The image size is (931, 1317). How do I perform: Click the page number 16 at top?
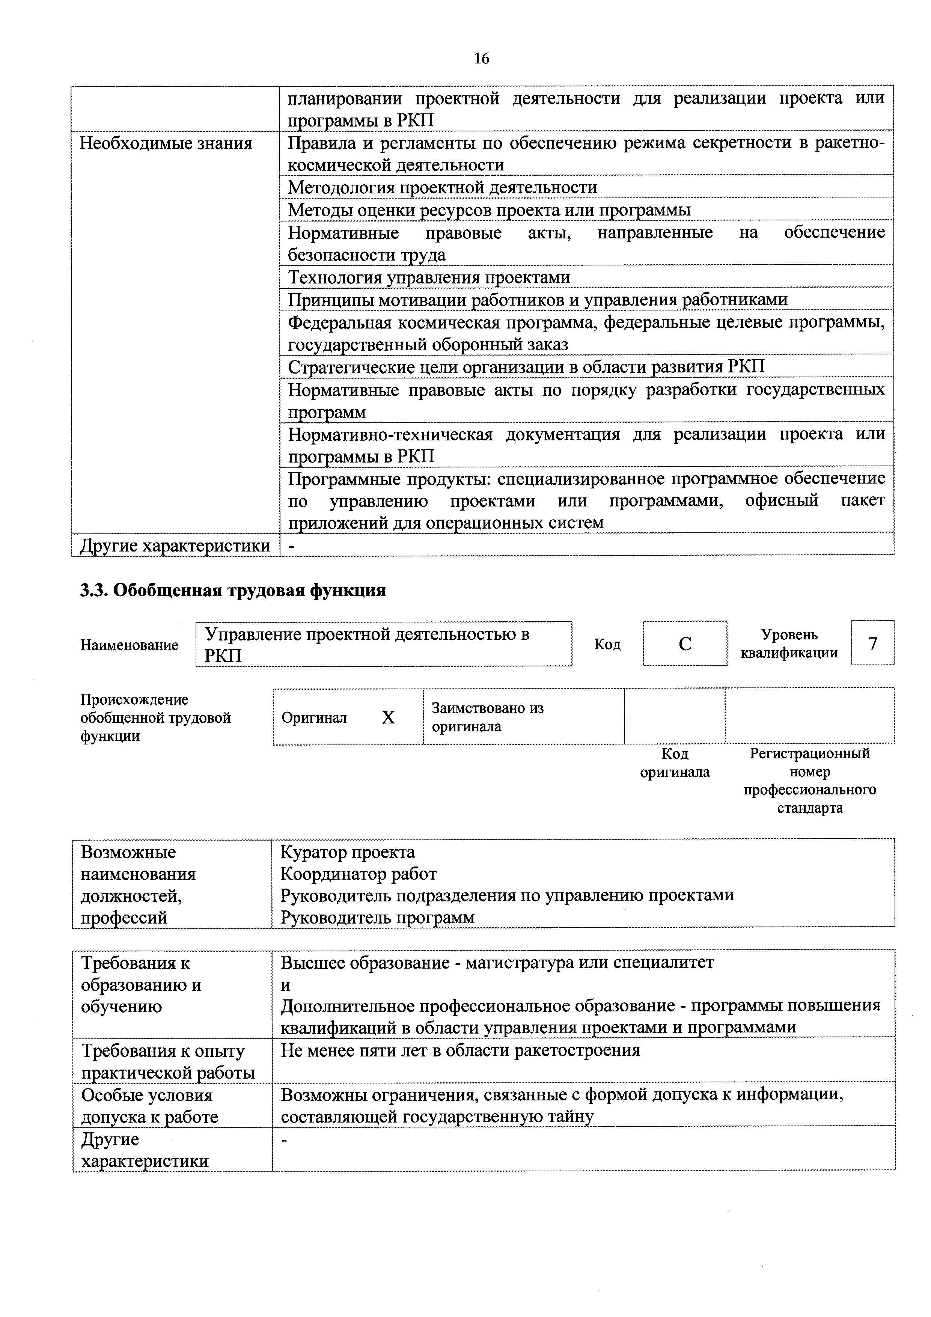click(481, 59)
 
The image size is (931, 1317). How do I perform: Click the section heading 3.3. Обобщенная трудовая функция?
click(232, 590)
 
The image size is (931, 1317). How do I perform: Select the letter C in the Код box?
click(684, 643)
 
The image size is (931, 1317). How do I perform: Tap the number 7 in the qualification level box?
click(872, 643)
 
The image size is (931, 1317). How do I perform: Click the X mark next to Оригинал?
click(388, 717)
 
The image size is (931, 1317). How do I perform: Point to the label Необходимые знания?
click(166, 143)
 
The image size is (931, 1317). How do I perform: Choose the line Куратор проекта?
click(348, 852)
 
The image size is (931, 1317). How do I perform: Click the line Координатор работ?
click(359, 874)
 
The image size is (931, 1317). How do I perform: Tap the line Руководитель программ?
click(377, 917)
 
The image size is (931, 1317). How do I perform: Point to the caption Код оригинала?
click(675, 763)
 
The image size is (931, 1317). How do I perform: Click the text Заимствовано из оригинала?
click(488, 717)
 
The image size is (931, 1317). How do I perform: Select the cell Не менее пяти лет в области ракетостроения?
click(460, 1050)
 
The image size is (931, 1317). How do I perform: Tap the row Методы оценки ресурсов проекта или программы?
click(489, 209)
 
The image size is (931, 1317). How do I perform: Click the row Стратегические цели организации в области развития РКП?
click(526, 366)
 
